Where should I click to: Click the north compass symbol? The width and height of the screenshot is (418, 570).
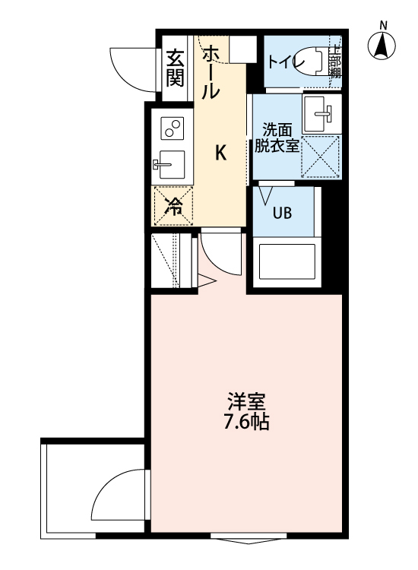(x=383, y=46)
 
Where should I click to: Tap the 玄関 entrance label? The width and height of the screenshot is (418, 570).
(x=176, y=67)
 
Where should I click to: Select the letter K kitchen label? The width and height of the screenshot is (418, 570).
(x=220, y=153)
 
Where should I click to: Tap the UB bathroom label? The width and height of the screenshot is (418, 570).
(x=283, y=213)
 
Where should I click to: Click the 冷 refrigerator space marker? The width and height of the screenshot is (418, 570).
(x=173, y=205)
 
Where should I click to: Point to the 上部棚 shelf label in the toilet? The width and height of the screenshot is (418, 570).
(x=334, y=62)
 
